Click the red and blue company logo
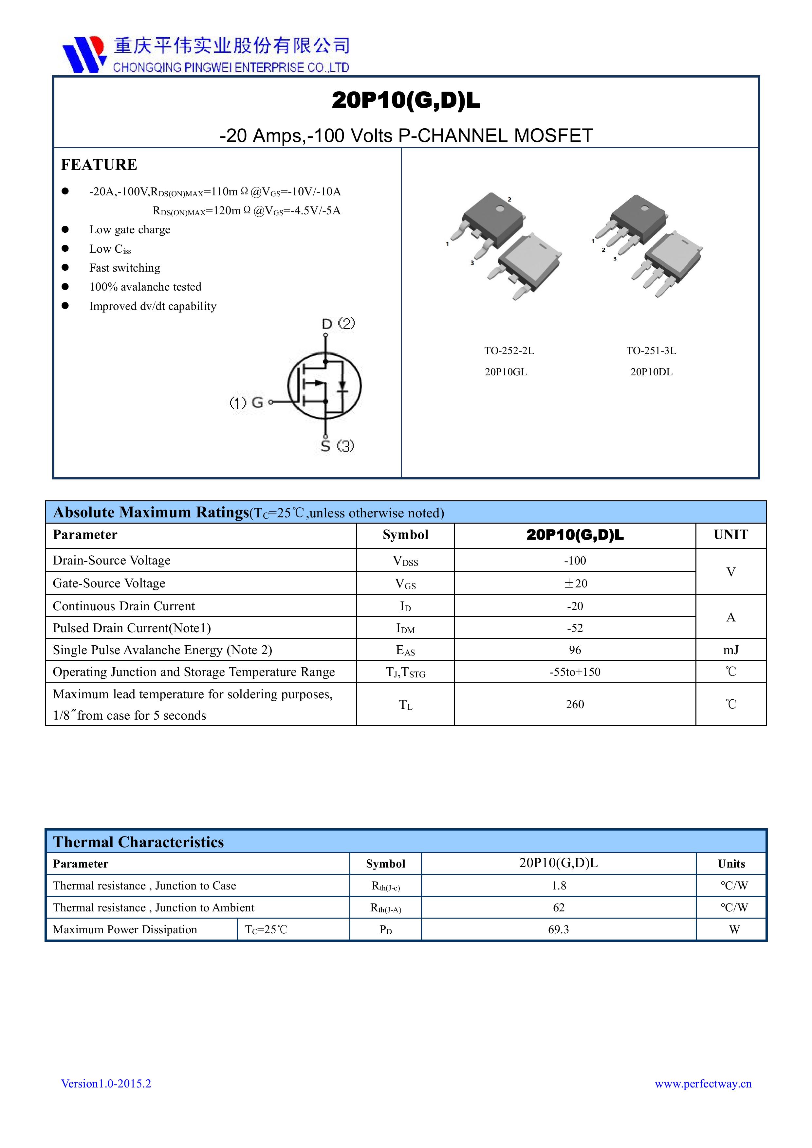[84, 54]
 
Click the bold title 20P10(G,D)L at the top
[405, 100]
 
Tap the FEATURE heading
[99, 165]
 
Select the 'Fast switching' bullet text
[124, 268]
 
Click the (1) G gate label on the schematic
[246, 402]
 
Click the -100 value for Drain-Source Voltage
[575, 561]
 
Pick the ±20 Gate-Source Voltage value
[575, 583]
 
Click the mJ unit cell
[730, 650]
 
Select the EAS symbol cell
[405, 651]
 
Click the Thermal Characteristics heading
[138, 842]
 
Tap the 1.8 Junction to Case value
[558, 886]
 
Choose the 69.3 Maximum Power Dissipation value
[558, 929]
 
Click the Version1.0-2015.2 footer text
[106, 1084]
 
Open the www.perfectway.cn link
[703, 1084]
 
